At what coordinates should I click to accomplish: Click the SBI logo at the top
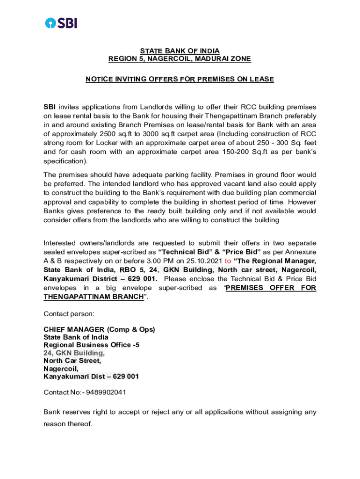click(x=61, y=22)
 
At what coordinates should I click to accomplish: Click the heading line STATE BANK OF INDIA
click(x=180, y=51)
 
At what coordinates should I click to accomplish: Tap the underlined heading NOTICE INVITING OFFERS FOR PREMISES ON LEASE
click(x=180, y=80)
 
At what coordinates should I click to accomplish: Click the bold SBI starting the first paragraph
click(x=50, y=107)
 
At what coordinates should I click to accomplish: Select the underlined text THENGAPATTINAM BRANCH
click(x=94, y=297)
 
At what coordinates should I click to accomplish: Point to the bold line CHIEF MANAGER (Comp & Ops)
click(x=99, y=329)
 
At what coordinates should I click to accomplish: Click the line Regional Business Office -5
click(x=91, y=345)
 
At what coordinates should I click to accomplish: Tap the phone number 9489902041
click(x=106, y=392)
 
